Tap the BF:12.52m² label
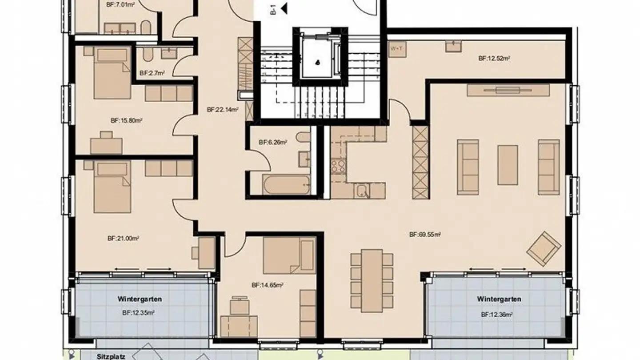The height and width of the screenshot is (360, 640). (x=493, y=58)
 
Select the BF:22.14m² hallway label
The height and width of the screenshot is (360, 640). (x=223, y=109)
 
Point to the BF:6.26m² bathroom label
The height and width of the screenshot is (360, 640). (x=272, y=143)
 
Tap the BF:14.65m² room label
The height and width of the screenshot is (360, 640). (x=267, y=285)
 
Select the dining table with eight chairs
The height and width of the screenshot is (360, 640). (x=372, y=280)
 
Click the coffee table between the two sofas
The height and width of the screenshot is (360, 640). (x=507, y=165)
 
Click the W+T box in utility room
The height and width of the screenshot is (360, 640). (x=395, y=48)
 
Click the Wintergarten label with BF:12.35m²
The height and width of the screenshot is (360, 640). (x=139, y=299)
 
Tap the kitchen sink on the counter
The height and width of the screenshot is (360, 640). (x=363, y=192)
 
